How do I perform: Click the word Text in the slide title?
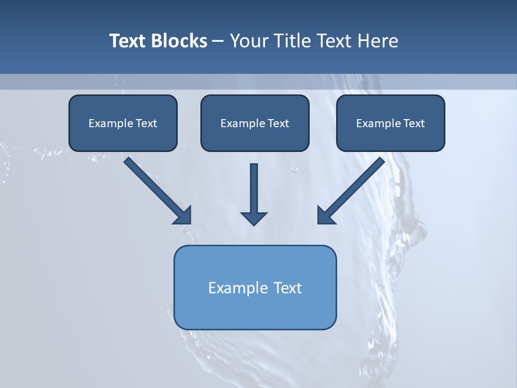pyautogui.click(x=127, y=41)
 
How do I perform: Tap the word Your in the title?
pyautogui.click(x=248, y=41)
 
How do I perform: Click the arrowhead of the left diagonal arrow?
pyautogui.click(x=183, y=216)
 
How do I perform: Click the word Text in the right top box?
pyautogui.click(x=414, y=123)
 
